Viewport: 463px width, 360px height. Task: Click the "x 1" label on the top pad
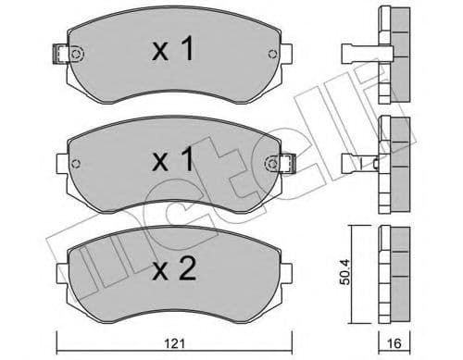coord(173,51)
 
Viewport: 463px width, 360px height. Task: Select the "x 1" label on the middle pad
coord(173,161)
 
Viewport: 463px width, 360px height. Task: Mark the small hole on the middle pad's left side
coord(77,165)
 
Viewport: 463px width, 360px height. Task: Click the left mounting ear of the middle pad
coord(63,165)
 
